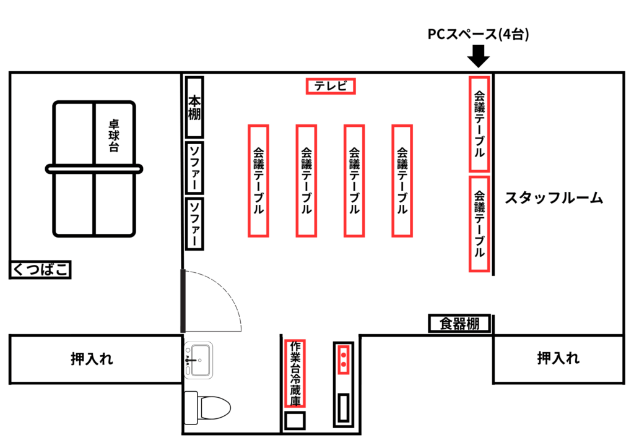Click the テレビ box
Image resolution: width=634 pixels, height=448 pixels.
click(x=331, y=86)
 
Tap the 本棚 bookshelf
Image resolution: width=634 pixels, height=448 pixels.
click(x=194, y=108)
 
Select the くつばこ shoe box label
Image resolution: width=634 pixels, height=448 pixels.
click(x=40, y=270)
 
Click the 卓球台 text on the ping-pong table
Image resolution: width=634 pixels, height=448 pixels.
click(x=114, y=136)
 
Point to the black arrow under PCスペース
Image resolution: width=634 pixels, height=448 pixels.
click(x=479, y=56)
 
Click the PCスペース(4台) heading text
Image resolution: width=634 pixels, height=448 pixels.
click(x=479, y=34)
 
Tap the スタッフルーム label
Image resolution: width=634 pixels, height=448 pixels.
click(x=554, y=198)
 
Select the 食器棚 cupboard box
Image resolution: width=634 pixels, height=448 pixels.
click(x=460, y=324)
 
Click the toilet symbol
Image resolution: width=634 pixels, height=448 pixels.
click(x=207, y=408)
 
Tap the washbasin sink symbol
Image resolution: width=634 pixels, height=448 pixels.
click(x=199, y=360)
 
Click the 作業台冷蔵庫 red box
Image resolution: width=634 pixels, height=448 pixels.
click(x=295, y=373)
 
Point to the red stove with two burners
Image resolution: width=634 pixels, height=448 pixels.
click(x=344, y=360)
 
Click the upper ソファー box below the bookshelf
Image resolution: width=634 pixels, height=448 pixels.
click(x=194, y=168)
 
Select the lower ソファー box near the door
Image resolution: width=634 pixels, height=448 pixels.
click(x=194, y=224)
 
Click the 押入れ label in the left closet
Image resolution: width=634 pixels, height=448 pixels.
click(x=92, y=359)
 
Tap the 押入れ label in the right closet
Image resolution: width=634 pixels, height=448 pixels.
click(x=558, y=358)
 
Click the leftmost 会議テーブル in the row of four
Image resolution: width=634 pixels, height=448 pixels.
click(x=258, y=181)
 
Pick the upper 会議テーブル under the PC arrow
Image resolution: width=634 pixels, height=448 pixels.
click(x=479, y=124)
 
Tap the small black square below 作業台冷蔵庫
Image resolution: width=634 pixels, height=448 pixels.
click(x=295, y=421)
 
